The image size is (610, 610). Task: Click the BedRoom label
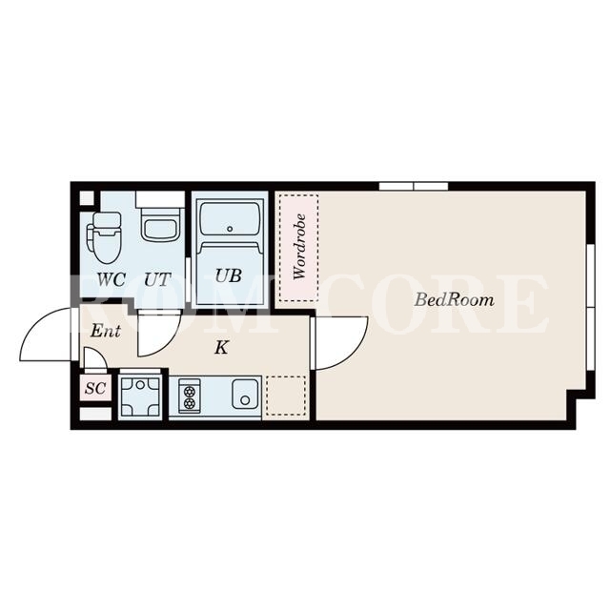click(455, 300)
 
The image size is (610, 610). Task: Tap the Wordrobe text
click(299, 246)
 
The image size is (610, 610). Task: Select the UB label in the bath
click(229, 275)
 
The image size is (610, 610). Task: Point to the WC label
click(112, 279)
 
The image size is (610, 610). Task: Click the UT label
click(157, 279)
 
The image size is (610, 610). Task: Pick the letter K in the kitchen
click(221, 347)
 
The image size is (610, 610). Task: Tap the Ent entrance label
click(106, 331)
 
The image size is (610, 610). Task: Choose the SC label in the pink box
click(95, 388)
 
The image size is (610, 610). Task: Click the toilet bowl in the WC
click(104, 237)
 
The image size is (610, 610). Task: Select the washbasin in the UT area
click(160, 225)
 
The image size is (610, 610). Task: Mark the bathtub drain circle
click(230, 229)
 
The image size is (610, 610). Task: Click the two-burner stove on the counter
click(190, 396)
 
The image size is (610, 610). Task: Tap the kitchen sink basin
click(245, 394)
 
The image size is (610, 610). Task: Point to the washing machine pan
click(140, 397)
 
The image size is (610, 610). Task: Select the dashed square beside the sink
click(286, 396)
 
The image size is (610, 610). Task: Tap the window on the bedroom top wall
click(414, 187)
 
